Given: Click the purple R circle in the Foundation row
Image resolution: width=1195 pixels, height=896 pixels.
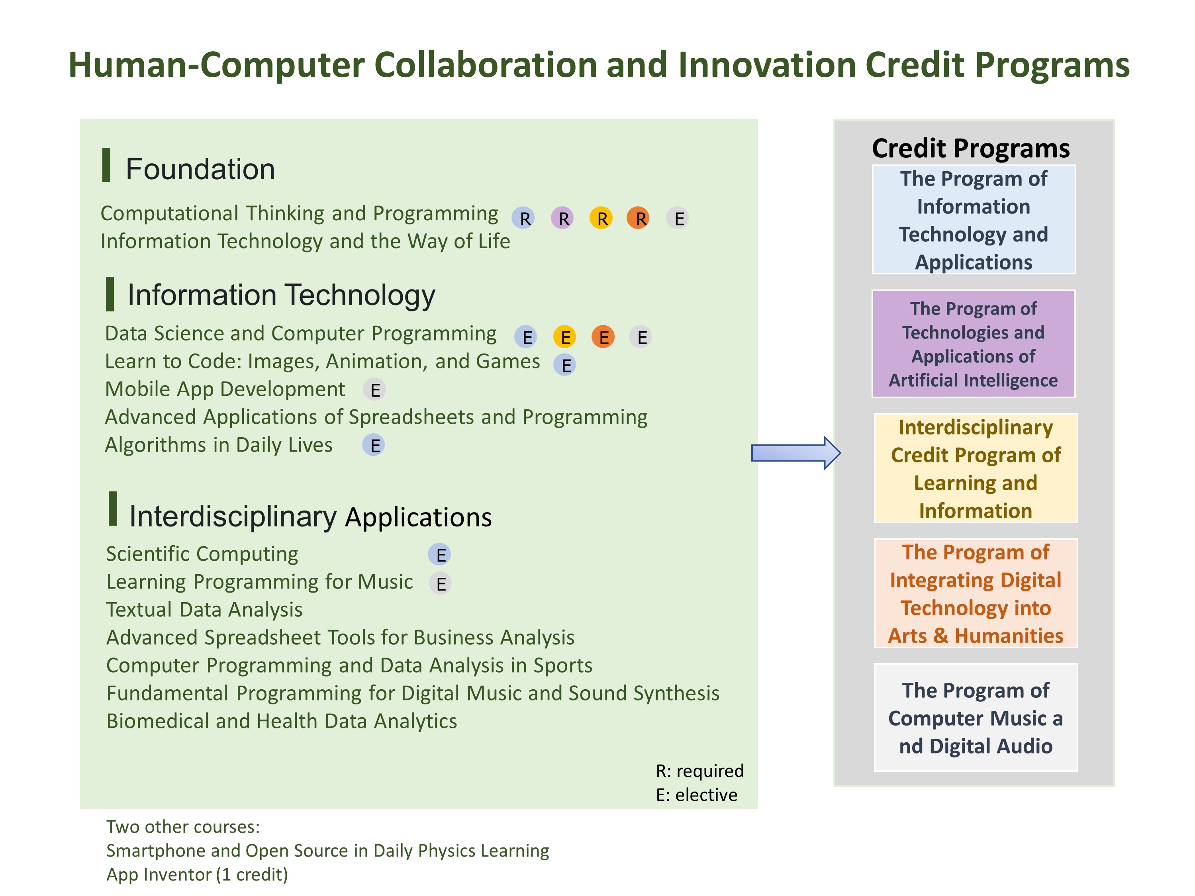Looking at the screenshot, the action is [562, 218].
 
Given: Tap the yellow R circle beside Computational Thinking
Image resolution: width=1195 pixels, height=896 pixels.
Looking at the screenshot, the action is [601, 218].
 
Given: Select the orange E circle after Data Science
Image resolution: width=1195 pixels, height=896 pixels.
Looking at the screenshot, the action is [603, 336].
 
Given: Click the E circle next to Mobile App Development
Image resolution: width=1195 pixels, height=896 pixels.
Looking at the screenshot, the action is [374, 389].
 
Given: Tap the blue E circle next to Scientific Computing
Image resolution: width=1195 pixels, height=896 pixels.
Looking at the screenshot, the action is [440, 555].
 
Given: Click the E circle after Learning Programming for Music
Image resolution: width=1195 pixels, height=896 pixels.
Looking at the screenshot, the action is [440, 583].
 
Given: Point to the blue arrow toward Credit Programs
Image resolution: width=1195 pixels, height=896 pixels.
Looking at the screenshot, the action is [796, 453].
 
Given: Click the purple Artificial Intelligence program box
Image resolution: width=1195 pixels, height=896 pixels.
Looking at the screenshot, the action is [974, 344].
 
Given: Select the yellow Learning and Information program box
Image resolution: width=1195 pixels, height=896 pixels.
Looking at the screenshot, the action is [976, 468].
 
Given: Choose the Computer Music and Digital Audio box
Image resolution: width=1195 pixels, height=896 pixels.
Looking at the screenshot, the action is [976, 717].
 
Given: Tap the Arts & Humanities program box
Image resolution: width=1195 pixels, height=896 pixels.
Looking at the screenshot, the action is [976, 593].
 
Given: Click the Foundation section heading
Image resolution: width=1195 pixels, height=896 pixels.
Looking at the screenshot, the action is [200, 169].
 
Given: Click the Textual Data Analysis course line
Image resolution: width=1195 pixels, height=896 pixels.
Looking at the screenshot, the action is [204, 610].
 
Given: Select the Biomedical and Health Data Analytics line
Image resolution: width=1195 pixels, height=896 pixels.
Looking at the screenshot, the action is [282, 722].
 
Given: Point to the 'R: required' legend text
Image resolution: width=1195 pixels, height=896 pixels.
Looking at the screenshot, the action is [699, 771].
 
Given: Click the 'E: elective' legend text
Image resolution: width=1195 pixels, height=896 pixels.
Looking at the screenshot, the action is [696, 795].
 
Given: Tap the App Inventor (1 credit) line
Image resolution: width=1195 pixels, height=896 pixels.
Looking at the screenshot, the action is [197, 874].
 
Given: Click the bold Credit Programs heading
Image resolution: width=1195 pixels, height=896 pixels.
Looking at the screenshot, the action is [971, 149].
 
